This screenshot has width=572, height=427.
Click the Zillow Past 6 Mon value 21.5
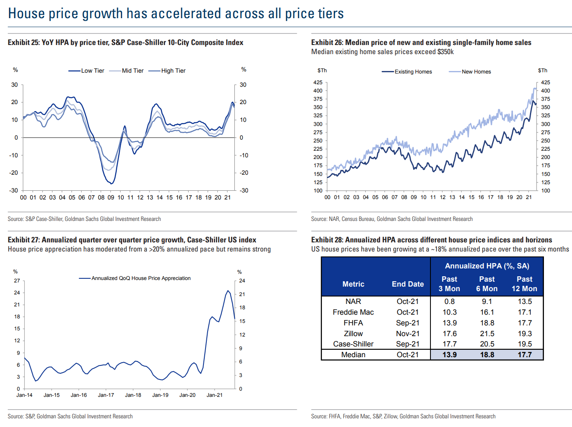[x=487, y=334]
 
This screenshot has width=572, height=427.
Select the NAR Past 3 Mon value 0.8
[x=449, y=301]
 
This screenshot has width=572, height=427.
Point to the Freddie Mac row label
[x=353, y=312]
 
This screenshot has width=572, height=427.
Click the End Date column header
[x=408, y=284]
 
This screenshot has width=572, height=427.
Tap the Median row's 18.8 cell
[x=487, y=355]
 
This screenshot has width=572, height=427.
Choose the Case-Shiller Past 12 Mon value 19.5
[x=525, y=344]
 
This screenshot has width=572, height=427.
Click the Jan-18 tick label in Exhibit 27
[x=133, y=395]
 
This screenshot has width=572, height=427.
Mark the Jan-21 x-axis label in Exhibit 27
[x=215, y=395]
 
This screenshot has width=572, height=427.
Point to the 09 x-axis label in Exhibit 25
[x=111, y=197]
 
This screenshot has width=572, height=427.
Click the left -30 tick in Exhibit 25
[x=14, y=190]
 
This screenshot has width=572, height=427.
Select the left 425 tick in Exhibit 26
[x=318, y=83]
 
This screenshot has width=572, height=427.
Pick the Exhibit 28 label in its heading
[x=327, y=240]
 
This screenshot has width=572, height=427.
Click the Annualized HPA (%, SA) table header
[x=487, y=266]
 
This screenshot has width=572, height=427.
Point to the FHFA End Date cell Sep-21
[x=408, y=323]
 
